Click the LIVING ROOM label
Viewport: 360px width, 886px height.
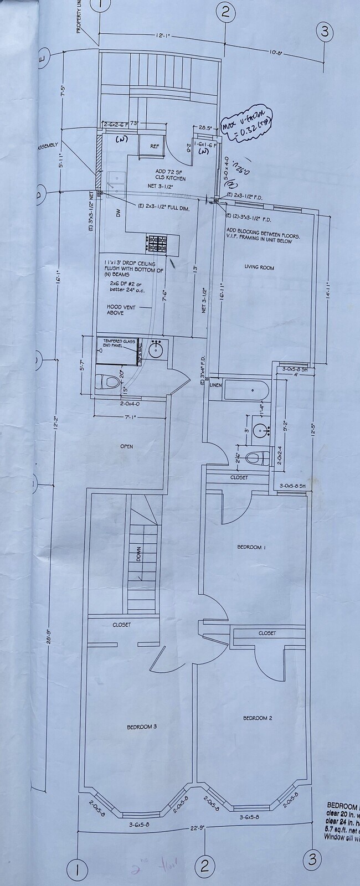coord(259,267)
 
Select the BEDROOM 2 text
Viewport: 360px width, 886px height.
coord(258,718)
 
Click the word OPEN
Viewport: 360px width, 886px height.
coord(126,446)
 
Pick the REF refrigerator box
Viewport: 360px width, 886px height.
coord(155,147)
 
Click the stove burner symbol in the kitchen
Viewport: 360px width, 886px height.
coord(156,243)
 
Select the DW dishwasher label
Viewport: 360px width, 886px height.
coord(119,213)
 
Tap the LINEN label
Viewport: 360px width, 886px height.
coord(215,385)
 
